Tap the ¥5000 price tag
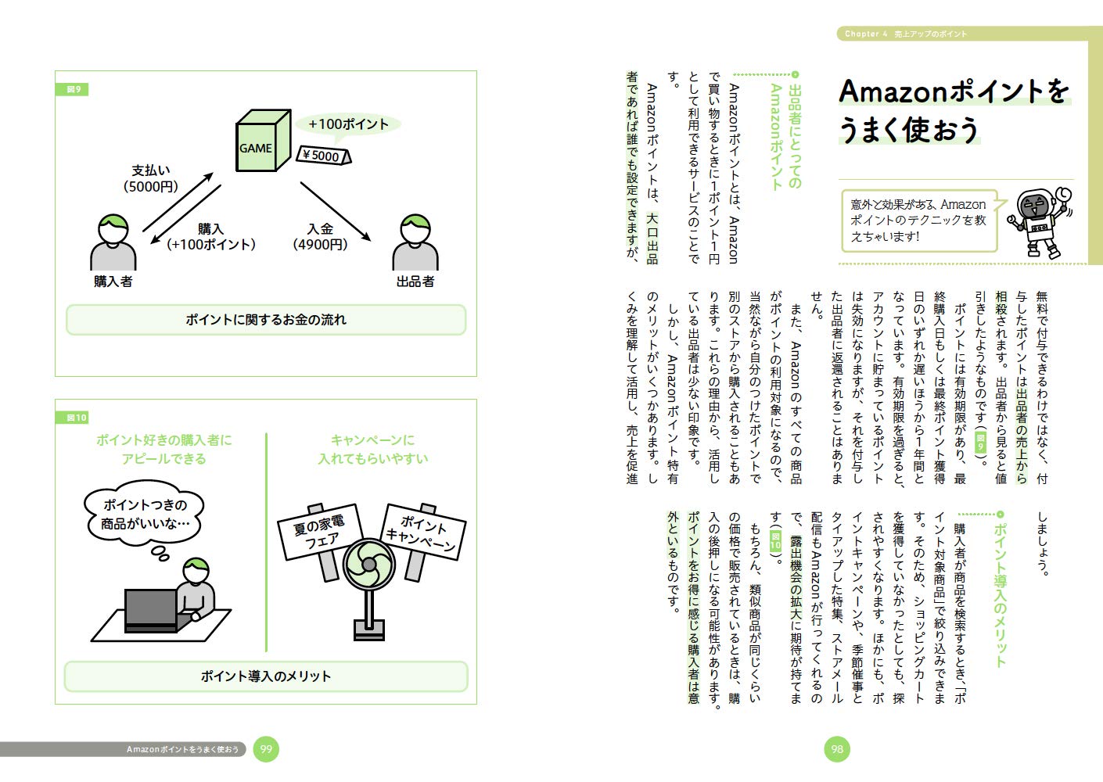(324, 155)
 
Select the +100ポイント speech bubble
(348, 124)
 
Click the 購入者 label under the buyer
(113, 282)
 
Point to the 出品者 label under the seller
(415, 282)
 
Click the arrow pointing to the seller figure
(336, 212)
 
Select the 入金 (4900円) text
(320, 237)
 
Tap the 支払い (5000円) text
(151, 178)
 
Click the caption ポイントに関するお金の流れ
(266, 320)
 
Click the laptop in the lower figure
(152, 611)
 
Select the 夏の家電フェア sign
(320, 532)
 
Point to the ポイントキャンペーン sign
(423, 532)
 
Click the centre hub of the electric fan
(368, 565)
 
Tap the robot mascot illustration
(1040, 222)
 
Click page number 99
(266, 749)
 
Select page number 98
(836, 749)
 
